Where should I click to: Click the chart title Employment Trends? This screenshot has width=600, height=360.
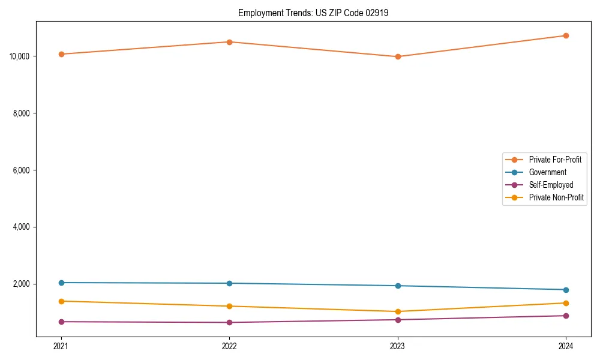pyautogui.click(x=313, y=13)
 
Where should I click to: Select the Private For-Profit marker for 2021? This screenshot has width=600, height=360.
pyautogui.click(x=61, y=54)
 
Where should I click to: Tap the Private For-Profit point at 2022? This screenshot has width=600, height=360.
pyautogui.click(x=229, y=42)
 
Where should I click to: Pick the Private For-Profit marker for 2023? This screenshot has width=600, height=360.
pyautogui.click(x=398, y=56)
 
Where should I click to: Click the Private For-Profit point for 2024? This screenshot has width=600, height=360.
pyautogui.click(x=566, y=35)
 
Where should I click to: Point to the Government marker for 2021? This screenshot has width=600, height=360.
pyautogui.click(x=61, y=283)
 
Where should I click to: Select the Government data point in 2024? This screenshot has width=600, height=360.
pyautogui.click(x=566, y=290)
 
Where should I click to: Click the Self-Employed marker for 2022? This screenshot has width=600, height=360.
pyautogui.click(x=229, y=322)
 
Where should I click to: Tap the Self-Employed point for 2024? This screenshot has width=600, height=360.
pyautogui.click(x=566, y=316)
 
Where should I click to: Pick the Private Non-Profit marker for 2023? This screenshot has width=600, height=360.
pyautogui.click(x=398, y=311)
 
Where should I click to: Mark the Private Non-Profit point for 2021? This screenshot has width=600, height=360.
pyautogui.click(x=61, y=301)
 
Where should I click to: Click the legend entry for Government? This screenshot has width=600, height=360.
pyautogui.click(x=547, y=172)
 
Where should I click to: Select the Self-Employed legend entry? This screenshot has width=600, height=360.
pyautogui.click(x=551, y=185)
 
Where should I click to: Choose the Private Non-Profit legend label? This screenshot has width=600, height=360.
pyautogui.click(x=556, y=197)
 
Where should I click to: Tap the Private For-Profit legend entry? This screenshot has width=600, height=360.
pyautogui.click(x=555, y=160)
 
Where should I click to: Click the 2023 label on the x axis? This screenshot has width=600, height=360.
pyautogui.click(x=398, y=346)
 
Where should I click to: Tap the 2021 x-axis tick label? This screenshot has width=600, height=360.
pyautogui.click(x=61, y=346)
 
